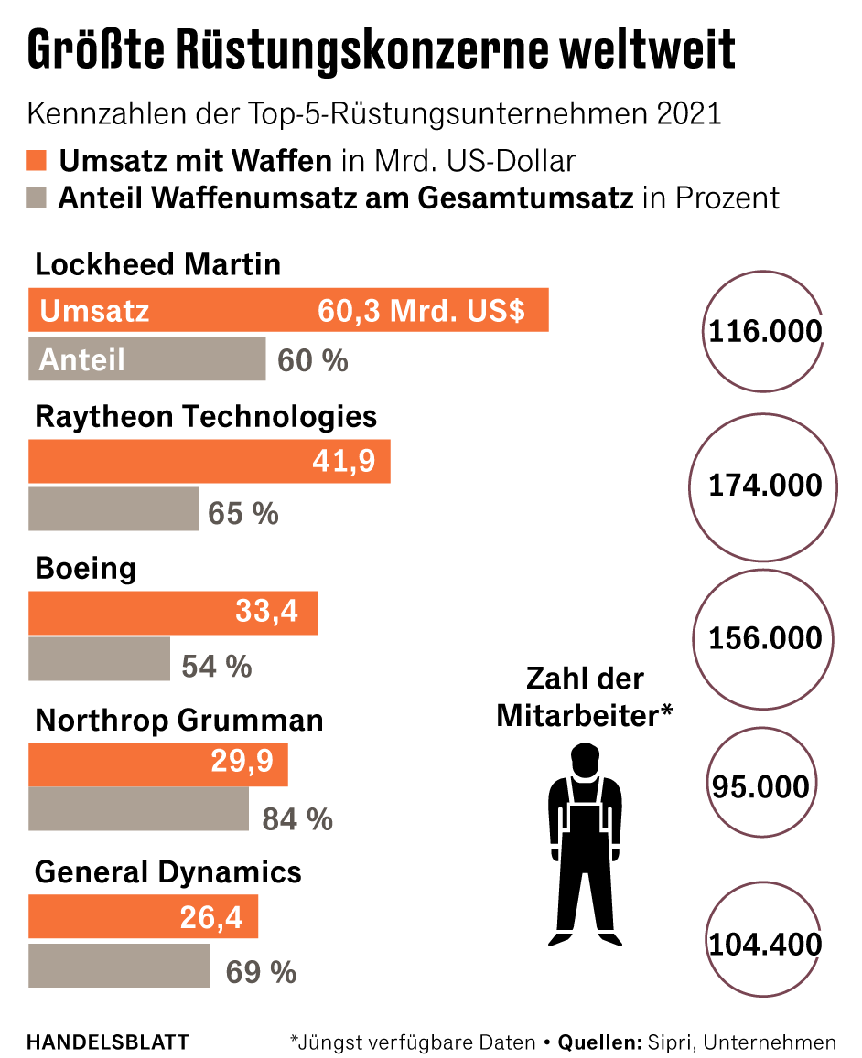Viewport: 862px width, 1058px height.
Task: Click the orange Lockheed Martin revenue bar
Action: tap(288, 310)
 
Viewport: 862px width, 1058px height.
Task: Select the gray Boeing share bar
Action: tap(99, 659)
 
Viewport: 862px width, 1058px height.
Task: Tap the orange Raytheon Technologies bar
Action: tap(209, 462)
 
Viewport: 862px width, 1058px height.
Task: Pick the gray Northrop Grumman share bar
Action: tap(138, 809)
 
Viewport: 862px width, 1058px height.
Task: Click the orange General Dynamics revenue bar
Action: tap(143, 917)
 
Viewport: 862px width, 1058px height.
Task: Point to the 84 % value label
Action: tap(297, 819)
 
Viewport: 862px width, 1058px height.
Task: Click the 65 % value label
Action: tap(242, 513)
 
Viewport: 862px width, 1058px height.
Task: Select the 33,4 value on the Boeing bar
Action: tap(266, 611)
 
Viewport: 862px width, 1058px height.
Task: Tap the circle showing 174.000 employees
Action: tap(765, 485)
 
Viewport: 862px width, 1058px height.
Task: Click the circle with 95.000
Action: tap(760, 786)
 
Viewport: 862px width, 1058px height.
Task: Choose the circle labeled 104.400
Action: tap(764, 943)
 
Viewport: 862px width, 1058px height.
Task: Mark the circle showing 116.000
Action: tap(764, 331)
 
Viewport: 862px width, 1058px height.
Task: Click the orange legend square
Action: tap(38, 162)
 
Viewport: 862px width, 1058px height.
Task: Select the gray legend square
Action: tap(38, 198)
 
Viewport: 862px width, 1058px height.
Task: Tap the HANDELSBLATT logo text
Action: tap(108, 1042)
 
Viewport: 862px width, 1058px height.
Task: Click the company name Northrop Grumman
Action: tap(178, 721)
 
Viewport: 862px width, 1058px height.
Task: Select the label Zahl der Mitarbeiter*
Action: tap(585, 697)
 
